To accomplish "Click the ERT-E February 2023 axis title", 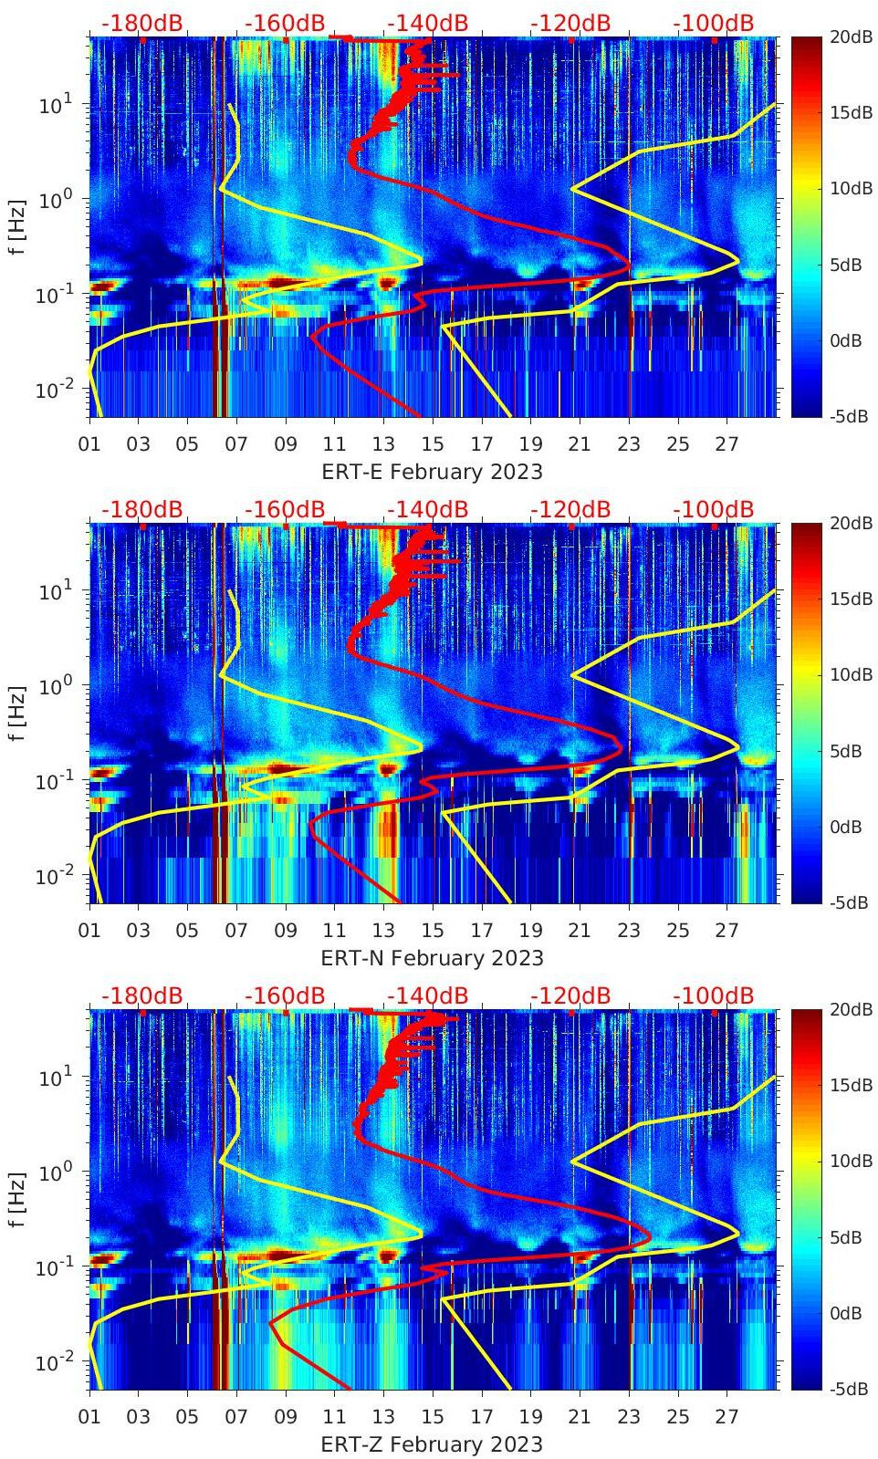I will pyautogui.click(x=432, y=472).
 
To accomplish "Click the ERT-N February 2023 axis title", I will pyautogui.click(x=432, y=958).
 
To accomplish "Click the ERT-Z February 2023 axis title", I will pyautogui.click(x=432, y=1444).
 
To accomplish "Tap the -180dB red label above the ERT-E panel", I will pyautogui.click(x=141, y=23).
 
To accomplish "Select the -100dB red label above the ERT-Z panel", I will pyautogui.click(x=714, y=995).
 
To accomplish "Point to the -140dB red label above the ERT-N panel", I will pyautogui.click(x=427, y=509).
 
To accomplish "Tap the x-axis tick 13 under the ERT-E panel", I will pyautogui.click(x=383, y=444).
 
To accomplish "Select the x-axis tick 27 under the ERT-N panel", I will pyautogui.click(x=726, y=931).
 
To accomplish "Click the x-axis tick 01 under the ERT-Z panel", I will pyautogui.click(x=89, y=1417).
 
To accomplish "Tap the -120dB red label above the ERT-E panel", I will pyautogui.click(x=570, y=23).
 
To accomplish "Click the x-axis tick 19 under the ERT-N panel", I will pyautogui.click(x=530, y=931).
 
